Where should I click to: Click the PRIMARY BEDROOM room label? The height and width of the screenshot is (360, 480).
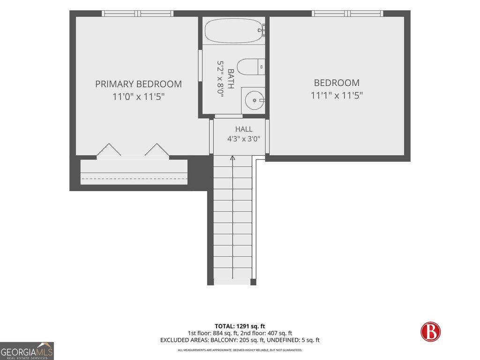tap(138, 84)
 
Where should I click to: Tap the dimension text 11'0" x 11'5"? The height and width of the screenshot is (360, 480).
tap(138, 97)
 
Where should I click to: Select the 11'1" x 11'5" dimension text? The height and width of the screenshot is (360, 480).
tap(337, 96)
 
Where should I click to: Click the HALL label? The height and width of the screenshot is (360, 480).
tap(244, 129)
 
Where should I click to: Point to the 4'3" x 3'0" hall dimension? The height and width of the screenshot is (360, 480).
tap(244, 139)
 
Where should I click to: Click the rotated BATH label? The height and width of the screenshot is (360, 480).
tap(231, 79)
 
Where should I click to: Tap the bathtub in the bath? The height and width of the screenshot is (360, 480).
tap(234, 30)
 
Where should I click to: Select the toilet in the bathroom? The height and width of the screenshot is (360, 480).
tap(251, 67)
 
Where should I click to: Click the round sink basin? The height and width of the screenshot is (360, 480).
tap(255, 100)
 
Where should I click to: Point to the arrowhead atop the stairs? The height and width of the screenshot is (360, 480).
tap(232, 158)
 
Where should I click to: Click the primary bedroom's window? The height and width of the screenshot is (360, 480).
tap(137, 14)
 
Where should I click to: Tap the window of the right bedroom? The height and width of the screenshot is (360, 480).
tap(347, 14)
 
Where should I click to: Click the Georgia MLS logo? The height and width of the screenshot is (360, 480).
tap(27, 351)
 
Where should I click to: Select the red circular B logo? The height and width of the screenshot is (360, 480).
tap(430, 331)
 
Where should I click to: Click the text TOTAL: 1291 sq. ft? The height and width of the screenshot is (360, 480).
tap(240, 326)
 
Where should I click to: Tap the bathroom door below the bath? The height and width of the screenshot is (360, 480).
tap(229, 116)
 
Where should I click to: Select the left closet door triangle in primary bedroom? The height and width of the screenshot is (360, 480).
tap(109, 150)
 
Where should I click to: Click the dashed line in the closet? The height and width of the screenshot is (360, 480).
tap(134, 179)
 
